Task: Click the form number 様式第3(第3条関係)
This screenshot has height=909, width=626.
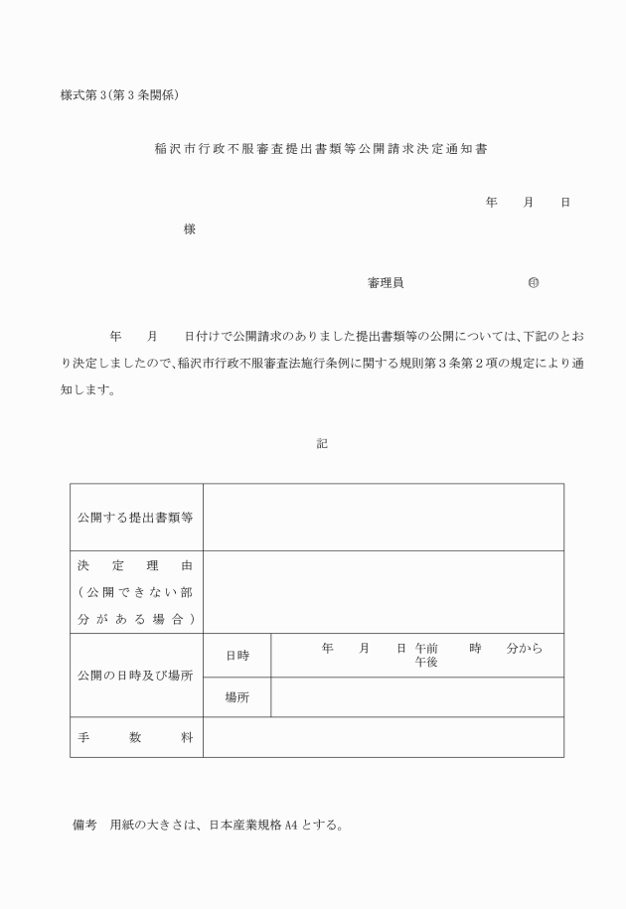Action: (x=119, y=95)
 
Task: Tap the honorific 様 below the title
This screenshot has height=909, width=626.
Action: (x=189, y=229)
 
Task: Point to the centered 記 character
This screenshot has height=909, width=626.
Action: (x=322, y=444)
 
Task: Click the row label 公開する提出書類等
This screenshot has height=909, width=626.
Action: (x=135, y=518)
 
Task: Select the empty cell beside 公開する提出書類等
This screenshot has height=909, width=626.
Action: (x=383, y=517)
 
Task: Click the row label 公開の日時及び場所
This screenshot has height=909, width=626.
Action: (x=135, y=676)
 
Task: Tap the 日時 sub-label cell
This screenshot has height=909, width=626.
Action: (x=236, y=656)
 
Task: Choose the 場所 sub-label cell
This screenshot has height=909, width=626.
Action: (x=236, y=697)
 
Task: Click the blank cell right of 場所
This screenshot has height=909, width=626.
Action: (x=416, y=697)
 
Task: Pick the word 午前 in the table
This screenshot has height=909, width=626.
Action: (x=426, y=648)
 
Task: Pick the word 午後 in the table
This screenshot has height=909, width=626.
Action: (x=426, y=662)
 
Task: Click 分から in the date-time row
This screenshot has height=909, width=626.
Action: (x=524, y=648)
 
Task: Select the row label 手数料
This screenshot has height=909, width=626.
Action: (x=135, y=738)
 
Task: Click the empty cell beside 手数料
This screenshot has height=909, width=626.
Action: (x=383, y=738)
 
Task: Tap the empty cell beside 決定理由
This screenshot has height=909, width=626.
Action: (x=383, y=592)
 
